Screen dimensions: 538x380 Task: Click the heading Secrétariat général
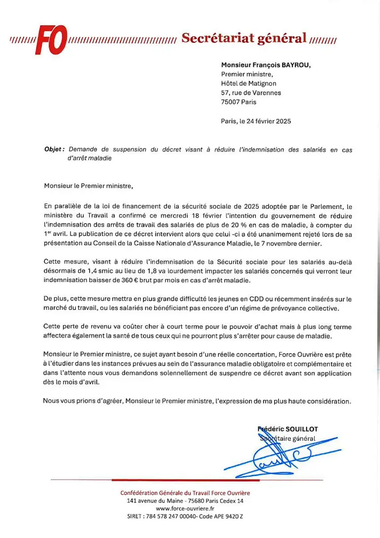[244, 38]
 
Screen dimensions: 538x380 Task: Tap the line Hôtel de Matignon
[249, 84]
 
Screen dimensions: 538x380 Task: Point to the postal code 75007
[231, 102]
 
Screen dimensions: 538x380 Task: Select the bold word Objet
[54, 150]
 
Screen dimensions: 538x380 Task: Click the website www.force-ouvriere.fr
[185, 509]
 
